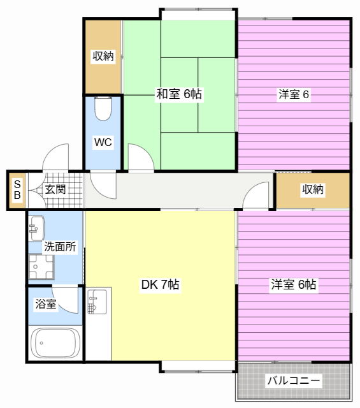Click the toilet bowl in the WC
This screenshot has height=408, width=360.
point(103,108)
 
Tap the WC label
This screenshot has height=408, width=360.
point(103,142)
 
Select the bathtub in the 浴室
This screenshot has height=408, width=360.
point(55,343)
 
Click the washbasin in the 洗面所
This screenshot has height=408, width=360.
point(37,228)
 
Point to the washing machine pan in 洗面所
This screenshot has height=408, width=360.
point(41,266)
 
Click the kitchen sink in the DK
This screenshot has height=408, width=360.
point(97,302)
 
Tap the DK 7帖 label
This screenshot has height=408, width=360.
point(160,284)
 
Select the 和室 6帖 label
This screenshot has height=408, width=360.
point(179,94)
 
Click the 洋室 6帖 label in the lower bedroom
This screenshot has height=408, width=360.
point(293,284)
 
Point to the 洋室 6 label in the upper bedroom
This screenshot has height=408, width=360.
point(294,94)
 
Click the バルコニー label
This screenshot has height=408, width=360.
point(294,381)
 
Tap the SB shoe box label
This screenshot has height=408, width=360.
point(17,190)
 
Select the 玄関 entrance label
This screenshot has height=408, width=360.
point(55,189)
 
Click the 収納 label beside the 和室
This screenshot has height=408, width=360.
point(103,56)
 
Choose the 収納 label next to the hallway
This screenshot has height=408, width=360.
point(313,189)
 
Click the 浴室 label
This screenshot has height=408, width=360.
point(46,303)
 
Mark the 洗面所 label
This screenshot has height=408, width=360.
point(60,247)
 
